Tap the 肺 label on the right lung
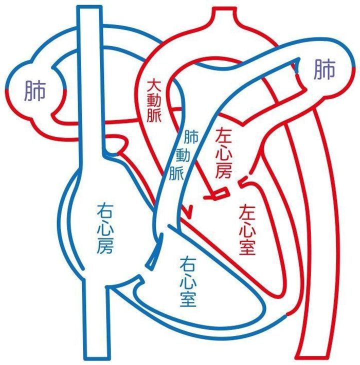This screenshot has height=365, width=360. click(324, 71)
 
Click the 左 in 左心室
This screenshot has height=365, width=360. click(248, 211)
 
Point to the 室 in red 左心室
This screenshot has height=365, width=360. click(248, 246)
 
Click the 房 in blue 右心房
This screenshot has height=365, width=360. click(106, 245)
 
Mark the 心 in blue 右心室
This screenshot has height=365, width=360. click(187, 281)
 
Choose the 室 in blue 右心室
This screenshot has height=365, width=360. click(187, 298)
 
